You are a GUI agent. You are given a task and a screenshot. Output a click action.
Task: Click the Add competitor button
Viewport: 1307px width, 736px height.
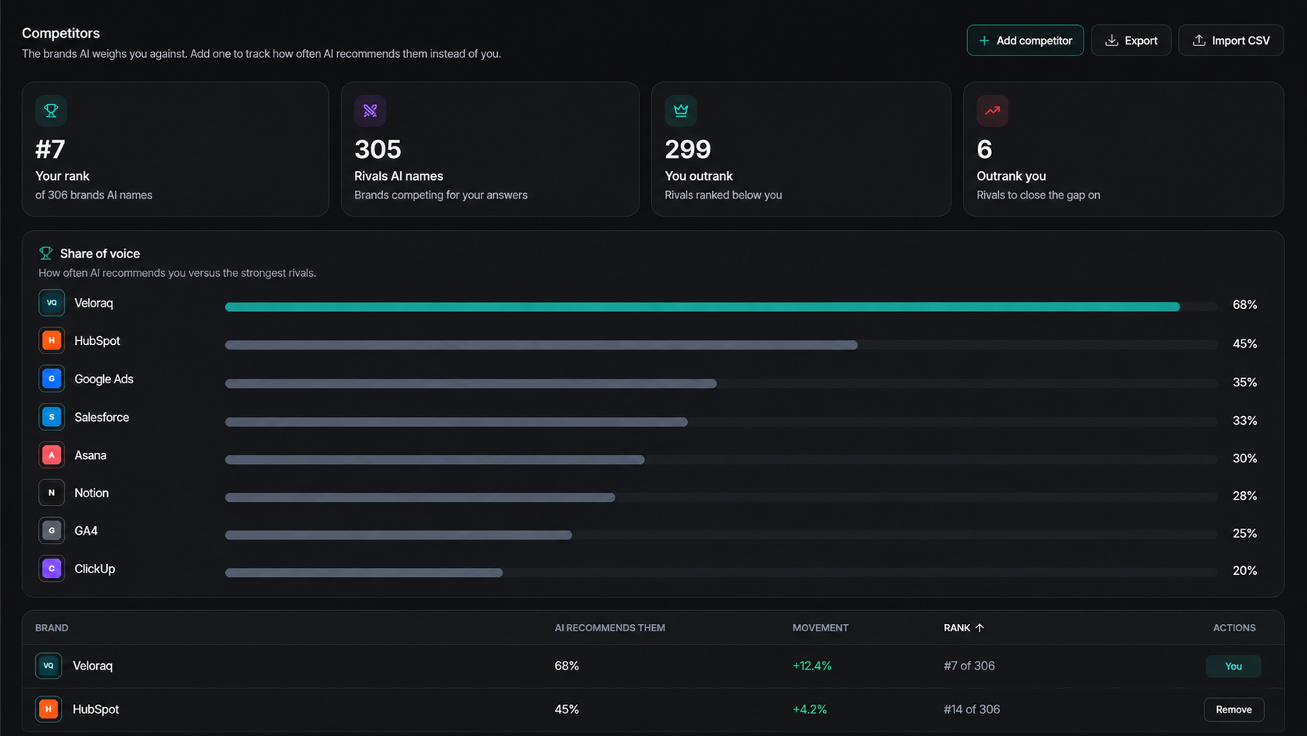coord(1025,40)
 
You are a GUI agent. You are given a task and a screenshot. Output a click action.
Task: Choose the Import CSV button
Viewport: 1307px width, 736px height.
coord(1230,40)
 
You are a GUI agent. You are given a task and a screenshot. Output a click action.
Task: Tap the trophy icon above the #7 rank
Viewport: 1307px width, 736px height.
coord(51,110)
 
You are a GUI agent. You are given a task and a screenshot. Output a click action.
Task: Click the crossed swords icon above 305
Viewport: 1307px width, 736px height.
coord(370,110)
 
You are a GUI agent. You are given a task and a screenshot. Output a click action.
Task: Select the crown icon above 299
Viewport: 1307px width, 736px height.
coord(680,110)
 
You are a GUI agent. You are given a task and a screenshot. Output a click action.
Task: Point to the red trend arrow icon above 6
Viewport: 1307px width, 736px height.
coord(992,110)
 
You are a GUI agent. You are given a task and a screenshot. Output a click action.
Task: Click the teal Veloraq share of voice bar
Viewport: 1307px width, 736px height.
coord(703,307)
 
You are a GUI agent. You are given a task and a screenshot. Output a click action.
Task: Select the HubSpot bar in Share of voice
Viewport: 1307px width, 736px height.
coord(542,345)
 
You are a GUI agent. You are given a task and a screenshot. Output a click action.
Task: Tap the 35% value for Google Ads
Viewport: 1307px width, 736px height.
coord(1244,382)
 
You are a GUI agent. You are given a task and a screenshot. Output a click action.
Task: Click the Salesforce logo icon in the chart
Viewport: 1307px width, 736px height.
coord(52,417)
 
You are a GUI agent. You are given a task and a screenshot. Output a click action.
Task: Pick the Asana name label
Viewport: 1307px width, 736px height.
coord(91,455)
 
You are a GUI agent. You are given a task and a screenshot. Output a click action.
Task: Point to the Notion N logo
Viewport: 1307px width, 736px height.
coord(52,493)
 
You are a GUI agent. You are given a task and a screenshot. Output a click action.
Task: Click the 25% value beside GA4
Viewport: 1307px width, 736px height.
coord(1244,533)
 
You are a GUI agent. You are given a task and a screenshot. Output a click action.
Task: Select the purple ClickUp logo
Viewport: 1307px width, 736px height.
coord(52,569)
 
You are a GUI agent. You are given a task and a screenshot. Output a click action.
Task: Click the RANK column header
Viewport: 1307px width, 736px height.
coord(964,628)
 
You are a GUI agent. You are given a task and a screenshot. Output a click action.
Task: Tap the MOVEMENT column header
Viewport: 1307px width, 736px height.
coord(820,628)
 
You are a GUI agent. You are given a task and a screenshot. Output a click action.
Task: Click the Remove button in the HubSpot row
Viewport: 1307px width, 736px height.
coord(1234,709)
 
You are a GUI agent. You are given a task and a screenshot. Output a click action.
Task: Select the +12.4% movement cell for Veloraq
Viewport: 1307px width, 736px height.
coord(811,666)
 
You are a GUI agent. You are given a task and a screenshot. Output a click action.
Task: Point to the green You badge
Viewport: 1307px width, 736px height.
coord(1234,666)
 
